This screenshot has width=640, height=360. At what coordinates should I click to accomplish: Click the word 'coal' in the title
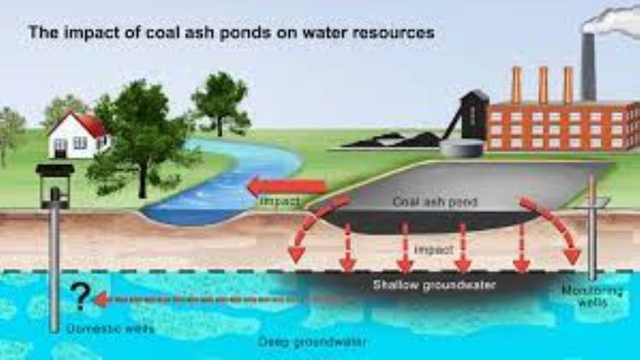point(163,32)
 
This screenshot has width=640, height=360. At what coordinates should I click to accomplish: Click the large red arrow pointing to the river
point(287,187)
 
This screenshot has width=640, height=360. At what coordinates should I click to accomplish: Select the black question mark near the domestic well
point(80,296)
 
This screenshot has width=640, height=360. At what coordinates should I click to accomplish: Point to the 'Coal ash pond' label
point(435,202)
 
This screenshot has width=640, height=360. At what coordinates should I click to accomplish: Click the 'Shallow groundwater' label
point(435,285)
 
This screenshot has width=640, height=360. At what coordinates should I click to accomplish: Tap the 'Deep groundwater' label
point(312,342)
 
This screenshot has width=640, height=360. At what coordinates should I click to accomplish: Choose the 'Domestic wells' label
point(110,328)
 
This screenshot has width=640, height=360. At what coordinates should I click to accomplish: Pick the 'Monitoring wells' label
point(592,297)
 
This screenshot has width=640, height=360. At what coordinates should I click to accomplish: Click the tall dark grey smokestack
point(588,68)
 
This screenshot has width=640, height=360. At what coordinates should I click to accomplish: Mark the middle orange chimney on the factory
point(542,85)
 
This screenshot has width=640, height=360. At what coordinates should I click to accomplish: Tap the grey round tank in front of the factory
point(462,148)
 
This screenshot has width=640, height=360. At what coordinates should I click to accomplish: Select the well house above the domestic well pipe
point(55,185)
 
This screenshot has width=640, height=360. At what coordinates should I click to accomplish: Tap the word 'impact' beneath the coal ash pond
point(434,249)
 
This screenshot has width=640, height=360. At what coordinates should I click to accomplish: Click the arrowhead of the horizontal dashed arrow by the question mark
point(101,299)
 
